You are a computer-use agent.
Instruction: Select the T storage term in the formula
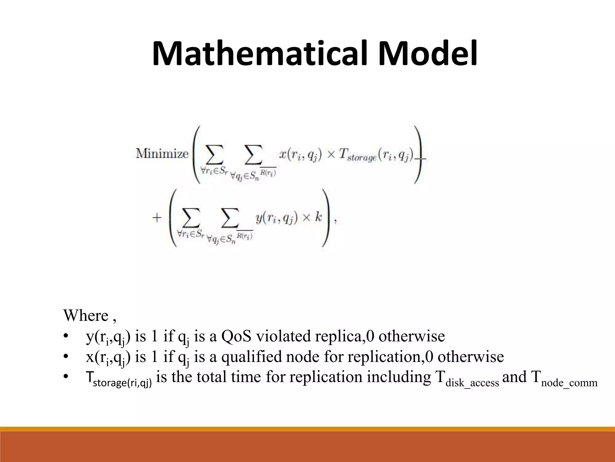point(357,156)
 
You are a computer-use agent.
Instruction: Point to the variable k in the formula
point(318,217)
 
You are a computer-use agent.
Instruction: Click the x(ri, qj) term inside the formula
point(301,155)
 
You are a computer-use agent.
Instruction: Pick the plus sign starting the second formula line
point(157,218)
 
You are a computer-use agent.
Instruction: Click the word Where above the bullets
point(86,316)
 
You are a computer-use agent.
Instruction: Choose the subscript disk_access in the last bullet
point(472,383)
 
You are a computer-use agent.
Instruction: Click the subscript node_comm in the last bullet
point(569,383)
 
